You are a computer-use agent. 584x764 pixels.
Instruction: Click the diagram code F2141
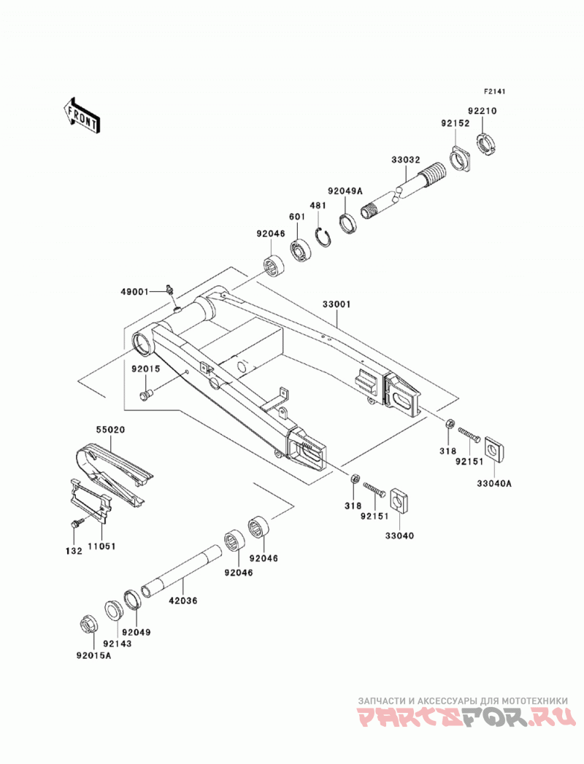tap(495, 91)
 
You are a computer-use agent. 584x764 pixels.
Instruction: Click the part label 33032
tap(405, 160)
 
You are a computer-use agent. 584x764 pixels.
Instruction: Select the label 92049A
tap(345, 191)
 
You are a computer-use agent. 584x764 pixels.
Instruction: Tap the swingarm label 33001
tap(337, 304)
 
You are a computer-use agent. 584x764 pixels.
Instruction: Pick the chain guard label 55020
tap(110, 430)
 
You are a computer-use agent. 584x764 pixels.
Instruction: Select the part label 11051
tap(101, 547)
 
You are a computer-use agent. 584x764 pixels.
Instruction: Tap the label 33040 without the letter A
tap(399, 536)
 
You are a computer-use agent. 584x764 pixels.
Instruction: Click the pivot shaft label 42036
tap(182, 601)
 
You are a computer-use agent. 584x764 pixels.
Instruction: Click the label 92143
tap(118, 644)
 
